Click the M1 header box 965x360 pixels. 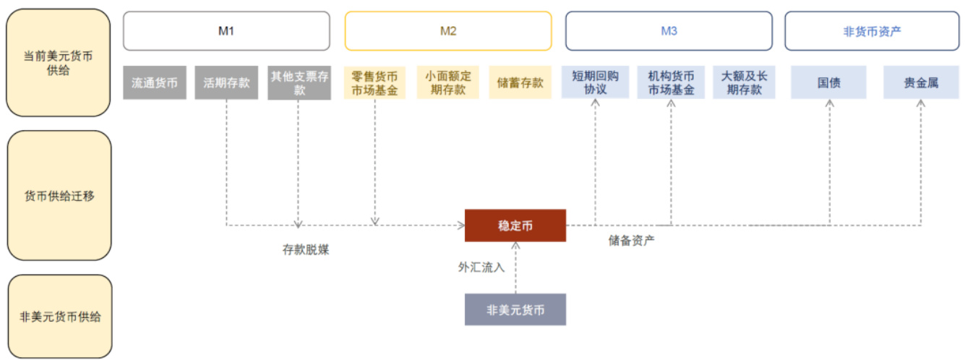click(226, 31)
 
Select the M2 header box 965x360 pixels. click(448, 31)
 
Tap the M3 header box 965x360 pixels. click(669, 31)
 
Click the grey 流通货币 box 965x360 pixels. click(155, 83)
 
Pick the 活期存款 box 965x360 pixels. click(226, 83)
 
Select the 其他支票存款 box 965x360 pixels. click(299, 83)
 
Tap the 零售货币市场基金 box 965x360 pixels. click(374, 83)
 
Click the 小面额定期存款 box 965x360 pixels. click(448, 83)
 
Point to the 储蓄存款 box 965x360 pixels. click(520, 83)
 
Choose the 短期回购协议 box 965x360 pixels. click(596, 83)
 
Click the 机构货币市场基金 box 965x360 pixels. click(671, 83)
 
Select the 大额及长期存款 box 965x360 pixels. click(744, 83)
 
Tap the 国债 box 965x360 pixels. click(829, 83)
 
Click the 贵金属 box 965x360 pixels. click(921, 83)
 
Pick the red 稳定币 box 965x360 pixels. click(515, 226)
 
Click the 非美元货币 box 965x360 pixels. click(515, 310)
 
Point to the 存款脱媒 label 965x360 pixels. click(306, 250)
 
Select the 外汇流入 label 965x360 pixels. click(481, 267)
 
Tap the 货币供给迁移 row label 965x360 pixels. click(59, 196)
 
